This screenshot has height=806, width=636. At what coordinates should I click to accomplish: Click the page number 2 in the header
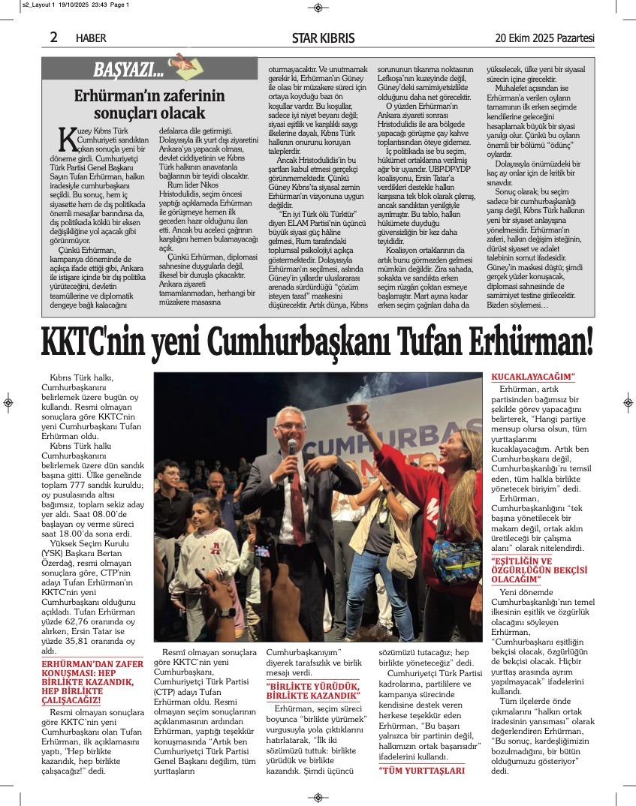(x=54, y=38)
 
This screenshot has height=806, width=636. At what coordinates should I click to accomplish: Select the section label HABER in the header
(x=91, y=38)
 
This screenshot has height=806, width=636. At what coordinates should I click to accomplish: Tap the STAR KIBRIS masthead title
(x=323, y=38)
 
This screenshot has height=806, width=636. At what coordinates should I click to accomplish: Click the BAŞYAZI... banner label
(x=128, y=71)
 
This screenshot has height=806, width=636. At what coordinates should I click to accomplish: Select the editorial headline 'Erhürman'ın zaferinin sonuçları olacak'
(x=149, y=104)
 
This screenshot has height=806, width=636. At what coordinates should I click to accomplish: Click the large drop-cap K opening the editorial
(x=67, y=138)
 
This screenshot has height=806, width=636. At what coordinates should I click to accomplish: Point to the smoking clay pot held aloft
(x=357, y=411)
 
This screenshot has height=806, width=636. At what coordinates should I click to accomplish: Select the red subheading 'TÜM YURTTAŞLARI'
(x=421, y=770)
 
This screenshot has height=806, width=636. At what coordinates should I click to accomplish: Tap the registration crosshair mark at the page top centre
(x=318, y=8)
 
